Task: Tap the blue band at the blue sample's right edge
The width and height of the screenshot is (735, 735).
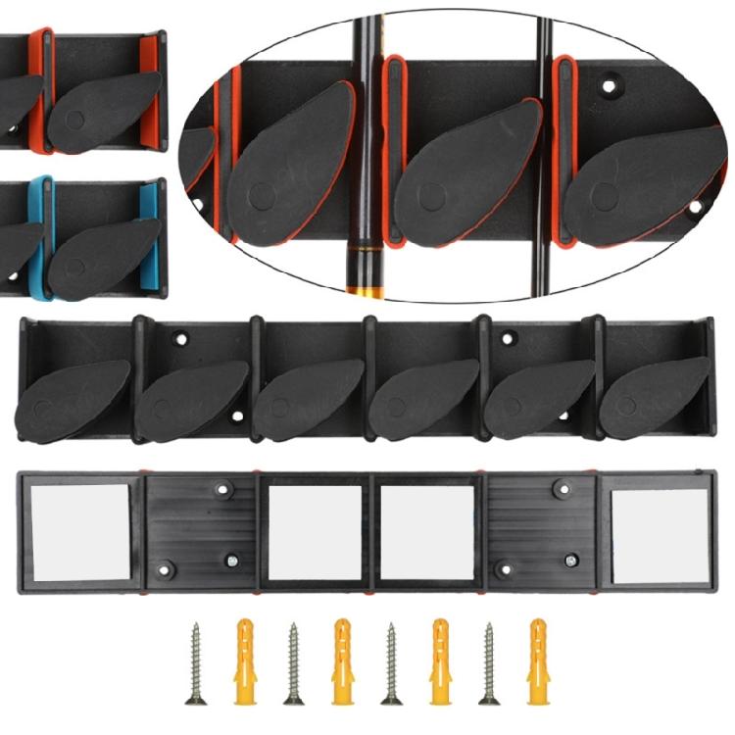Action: pos(149,235)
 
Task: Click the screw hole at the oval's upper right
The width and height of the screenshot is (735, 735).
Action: pos(610,86)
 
